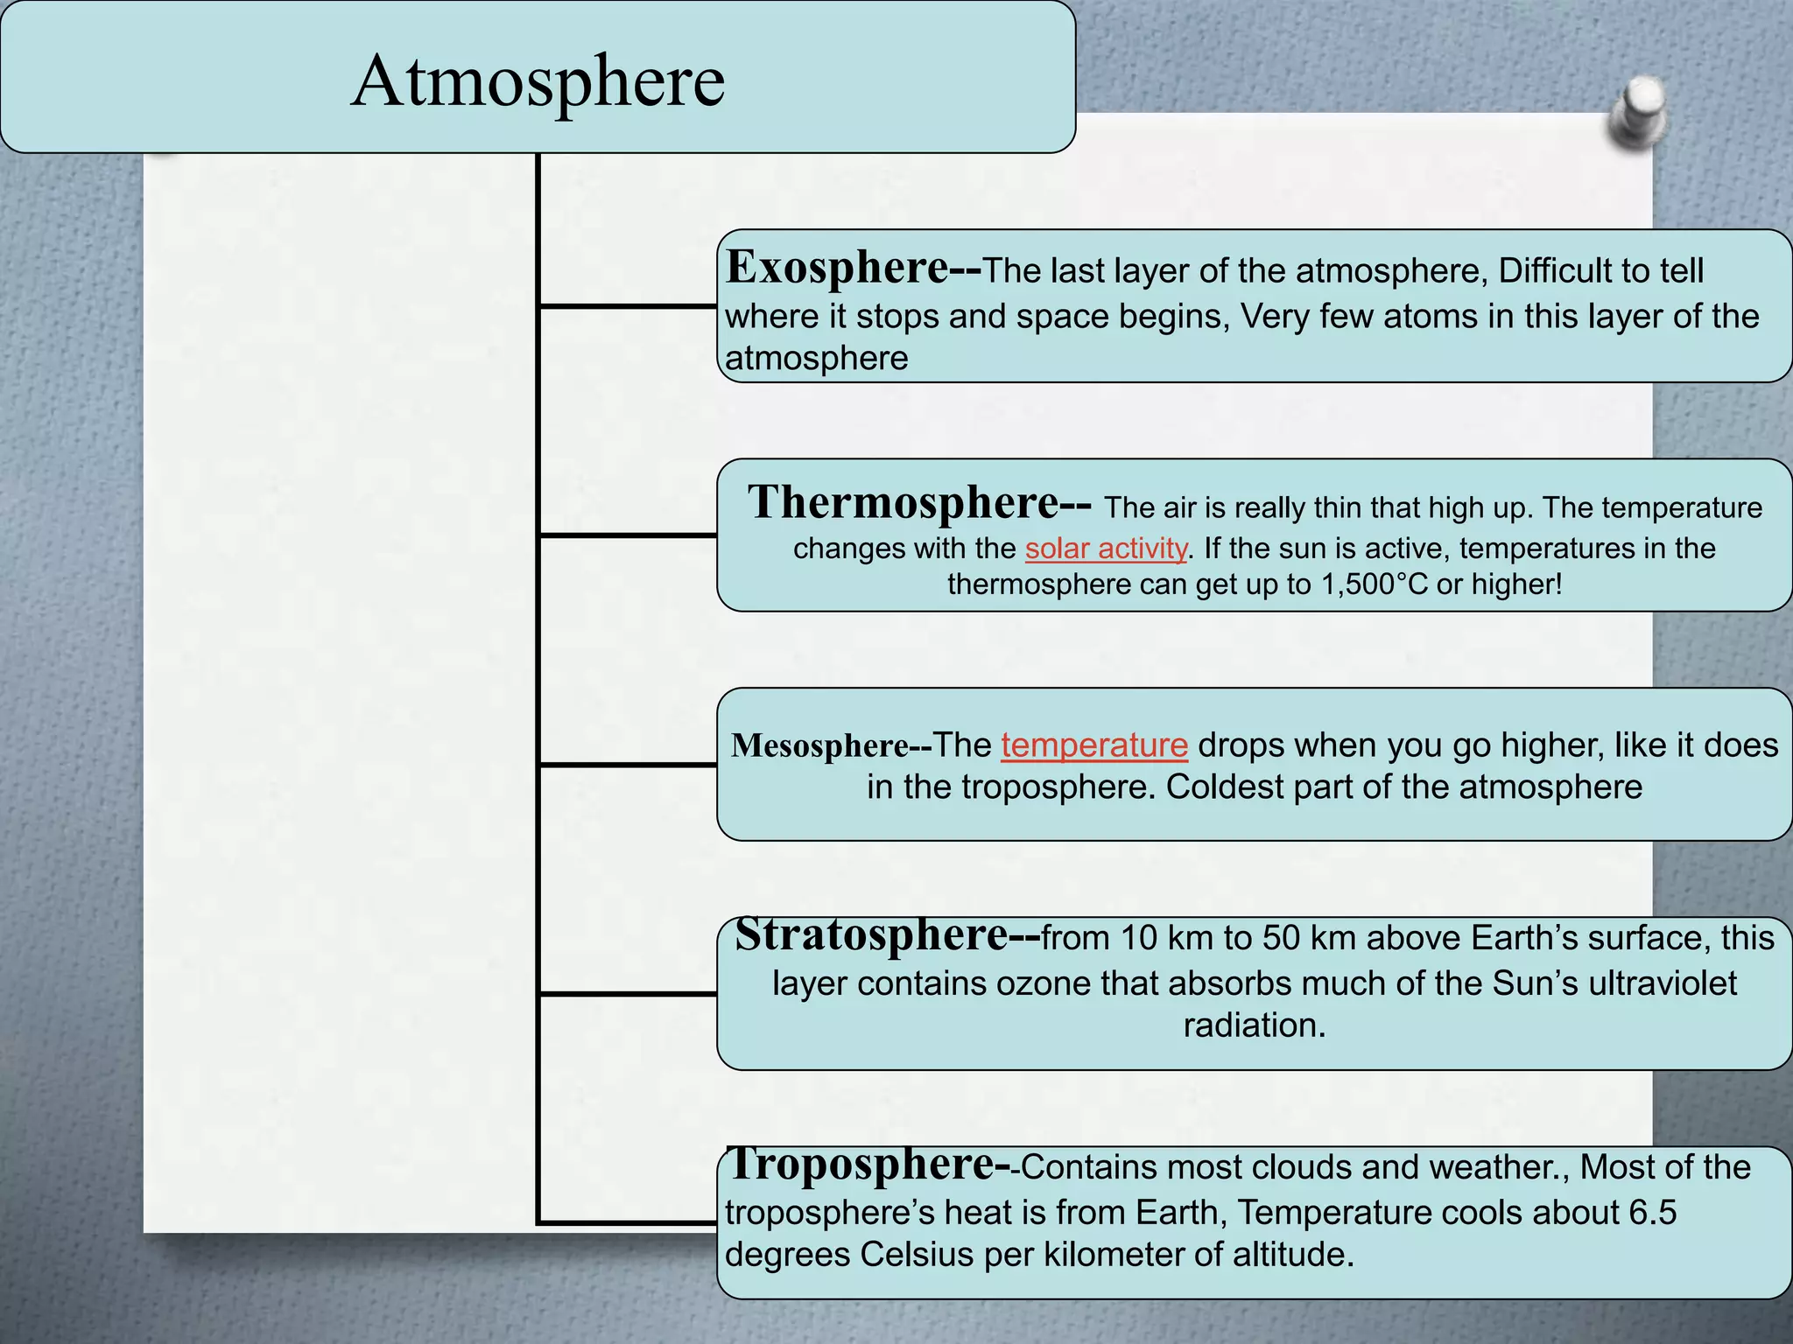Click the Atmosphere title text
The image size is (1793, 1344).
tap(538, 81)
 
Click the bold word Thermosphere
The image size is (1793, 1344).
tap(904, 502)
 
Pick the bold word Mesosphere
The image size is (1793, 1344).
tap(820, 745)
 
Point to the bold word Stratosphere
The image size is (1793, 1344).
tap(873, 934)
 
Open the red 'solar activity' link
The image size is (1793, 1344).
tap(1106, 549)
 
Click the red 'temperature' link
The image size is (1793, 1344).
tap(1094, 745)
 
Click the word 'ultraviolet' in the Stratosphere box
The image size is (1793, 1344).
tap(1657, 983)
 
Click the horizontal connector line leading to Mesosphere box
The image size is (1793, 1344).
tap(627, 765)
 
